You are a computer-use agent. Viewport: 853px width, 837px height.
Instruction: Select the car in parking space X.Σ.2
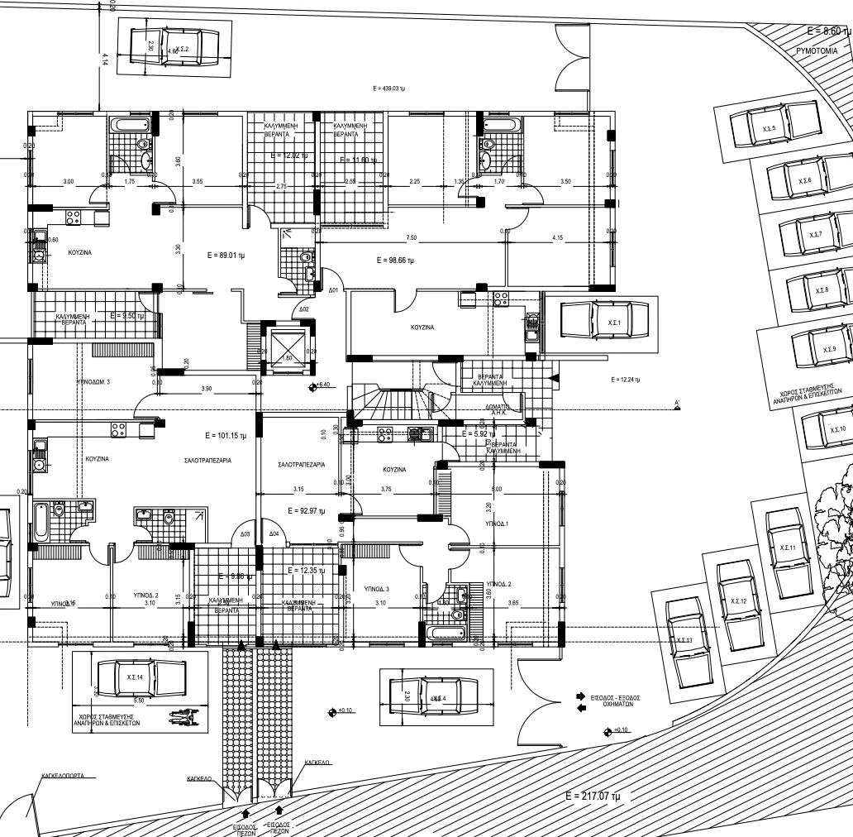(174, 48)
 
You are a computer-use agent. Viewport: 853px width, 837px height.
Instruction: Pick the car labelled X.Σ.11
(786, 548)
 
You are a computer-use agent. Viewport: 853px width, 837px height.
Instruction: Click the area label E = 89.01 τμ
(226, 256)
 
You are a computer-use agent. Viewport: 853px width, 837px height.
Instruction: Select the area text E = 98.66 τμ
(395, 261)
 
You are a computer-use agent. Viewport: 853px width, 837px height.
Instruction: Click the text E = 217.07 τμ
(593, 796)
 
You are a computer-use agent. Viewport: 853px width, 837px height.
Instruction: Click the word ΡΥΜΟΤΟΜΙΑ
(817, 50)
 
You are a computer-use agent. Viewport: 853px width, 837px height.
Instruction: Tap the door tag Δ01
(333, 290)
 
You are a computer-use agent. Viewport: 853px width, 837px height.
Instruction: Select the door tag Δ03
(245, 534)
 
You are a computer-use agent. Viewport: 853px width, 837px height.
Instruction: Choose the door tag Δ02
(303, 309)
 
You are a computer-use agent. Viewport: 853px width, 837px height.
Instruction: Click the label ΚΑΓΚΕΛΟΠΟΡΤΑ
(68, 777)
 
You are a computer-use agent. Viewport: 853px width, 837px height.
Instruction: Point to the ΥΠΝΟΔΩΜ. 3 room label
(93, 382)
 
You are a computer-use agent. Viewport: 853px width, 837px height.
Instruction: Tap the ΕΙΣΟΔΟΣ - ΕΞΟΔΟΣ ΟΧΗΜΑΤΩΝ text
(617, 701)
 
